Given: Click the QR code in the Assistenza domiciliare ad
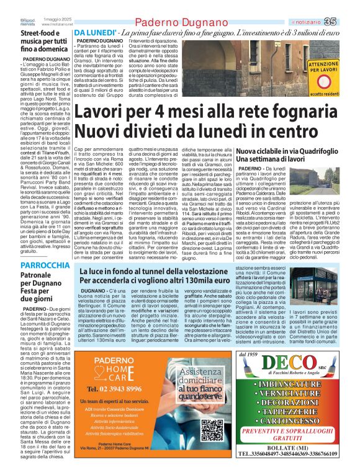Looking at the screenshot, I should click(212, 446).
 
